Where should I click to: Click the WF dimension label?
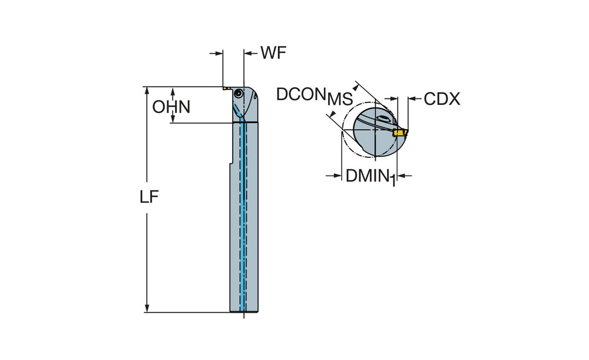pyautogui.click(x=273, y=53)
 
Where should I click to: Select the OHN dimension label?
pyautogui.click(x=171, y=107)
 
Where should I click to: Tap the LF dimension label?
pyautogui.click(x=150, y=198)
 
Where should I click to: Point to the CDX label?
pyautogui.click(x=442, y=98)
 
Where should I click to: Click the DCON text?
pyautogui.click(x=302, y=94)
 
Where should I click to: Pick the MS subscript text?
pyautogui.click(x=340, y=100)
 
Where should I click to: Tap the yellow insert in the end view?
pyautogui.click(x=401, y=133)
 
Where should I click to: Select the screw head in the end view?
pyautogui.click(x=383, y=119)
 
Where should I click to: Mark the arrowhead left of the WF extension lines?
pyautogui.click(x=219, y=53)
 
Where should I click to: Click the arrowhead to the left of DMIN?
pyautogui.click(x=337, y=175)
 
